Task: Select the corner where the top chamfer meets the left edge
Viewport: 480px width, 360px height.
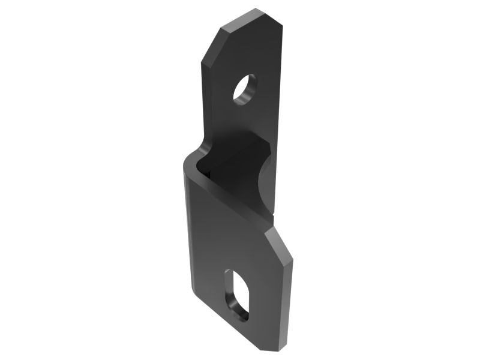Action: pos(203,62)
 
